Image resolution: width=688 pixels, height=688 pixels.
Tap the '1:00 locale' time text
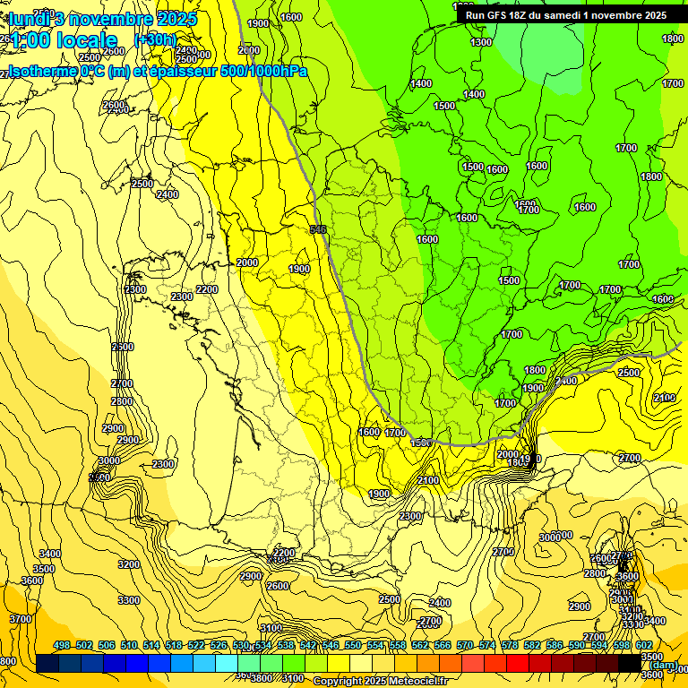63,40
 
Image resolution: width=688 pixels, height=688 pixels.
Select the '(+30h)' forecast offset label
156,39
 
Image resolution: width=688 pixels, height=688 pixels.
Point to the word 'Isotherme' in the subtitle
40,71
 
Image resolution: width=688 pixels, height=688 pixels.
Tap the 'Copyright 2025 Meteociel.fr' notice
382,682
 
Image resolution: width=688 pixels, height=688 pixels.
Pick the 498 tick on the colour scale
61,645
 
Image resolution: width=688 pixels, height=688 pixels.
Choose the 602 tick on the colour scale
643,645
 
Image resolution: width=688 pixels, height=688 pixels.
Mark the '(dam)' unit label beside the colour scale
664,665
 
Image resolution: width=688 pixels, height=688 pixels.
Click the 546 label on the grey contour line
317,230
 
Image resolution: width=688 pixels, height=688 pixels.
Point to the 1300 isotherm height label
481,42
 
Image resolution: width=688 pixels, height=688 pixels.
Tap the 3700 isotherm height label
20,619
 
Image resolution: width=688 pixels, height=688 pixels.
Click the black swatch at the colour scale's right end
630,664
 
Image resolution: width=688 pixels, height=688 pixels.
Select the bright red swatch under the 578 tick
518,664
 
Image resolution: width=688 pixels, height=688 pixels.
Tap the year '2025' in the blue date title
177,18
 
